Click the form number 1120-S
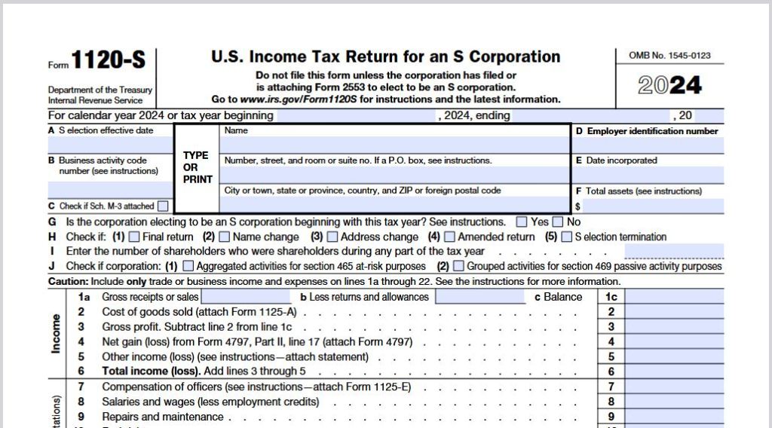(108, 61)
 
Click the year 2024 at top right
(669, 85)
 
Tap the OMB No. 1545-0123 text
(669, 56)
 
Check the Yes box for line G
(522, 222)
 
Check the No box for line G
(558, 222)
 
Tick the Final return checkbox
(134, 237)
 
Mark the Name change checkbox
(225, 237)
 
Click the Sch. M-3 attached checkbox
(164, 206)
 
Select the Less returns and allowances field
(479, 297)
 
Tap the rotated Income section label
(57, 334)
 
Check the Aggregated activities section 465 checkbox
(188, 266)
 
